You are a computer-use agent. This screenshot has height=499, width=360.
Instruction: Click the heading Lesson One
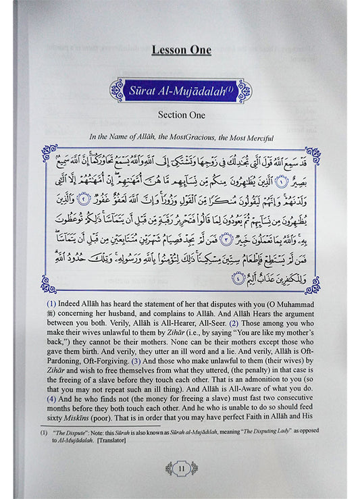click(181, 50)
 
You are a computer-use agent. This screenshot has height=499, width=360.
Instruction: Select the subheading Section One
click(181, 115)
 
